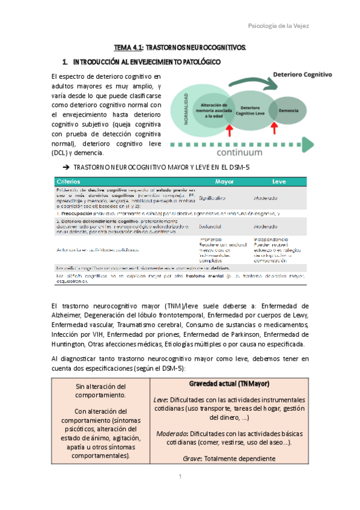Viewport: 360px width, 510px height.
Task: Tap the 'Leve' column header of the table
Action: [279, 181]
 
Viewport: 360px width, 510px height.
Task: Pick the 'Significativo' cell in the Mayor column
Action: [212, 198]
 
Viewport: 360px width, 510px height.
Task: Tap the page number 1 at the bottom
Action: [180, 476]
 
